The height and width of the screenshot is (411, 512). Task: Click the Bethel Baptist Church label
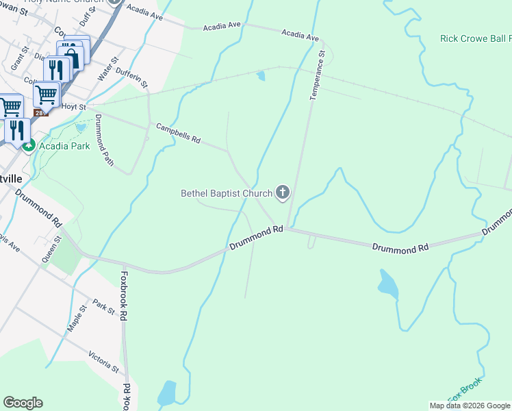click(x=226, y=193)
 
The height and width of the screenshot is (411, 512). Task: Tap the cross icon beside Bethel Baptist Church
click(x=282, y=192)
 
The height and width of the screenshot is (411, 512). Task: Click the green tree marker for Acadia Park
click(x=29, y=145)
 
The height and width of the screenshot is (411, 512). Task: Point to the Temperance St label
click(x=316, y=75)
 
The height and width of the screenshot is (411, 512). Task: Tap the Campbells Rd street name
click(x=178, y=134)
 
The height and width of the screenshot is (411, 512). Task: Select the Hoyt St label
click(x=73, y=108)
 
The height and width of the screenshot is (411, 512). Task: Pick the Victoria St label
click(x=104, y=362)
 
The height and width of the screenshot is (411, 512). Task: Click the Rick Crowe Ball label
click(x=475, y=39)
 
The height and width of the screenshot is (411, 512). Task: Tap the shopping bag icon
click(x=71, y=56)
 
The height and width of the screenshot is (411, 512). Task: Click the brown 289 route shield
click(x=42, y=112)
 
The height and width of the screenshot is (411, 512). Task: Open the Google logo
click(x=23, y=403)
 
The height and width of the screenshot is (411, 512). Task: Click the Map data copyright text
click(x=470, y=406)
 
